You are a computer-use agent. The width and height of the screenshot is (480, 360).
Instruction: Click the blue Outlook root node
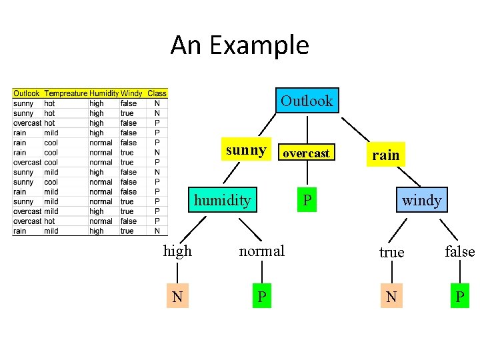[306, 101]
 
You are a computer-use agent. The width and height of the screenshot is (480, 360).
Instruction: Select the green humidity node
[222, 200]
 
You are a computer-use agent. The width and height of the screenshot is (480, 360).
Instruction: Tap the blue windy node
[421, 200]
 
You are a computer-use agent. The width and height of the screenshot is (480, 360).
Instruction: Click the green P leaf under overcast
[307, 200]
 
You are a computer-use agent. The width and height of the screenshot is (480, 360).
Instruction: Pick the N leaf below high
[177, 297]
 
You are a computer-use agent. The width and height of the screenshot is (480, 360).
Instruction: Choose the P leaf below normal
[263, 297]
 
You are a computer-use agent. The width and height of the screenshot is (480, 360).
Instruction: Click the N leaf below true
[391, 297]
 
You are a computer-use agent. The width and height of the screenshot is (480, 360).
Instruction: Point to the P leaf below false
[459, 297]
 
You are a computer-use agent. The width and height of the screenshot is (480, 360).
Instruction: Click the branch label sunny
[246, 150]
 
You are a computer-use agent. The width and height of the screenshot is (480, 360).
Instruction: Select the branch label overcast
[306, 153]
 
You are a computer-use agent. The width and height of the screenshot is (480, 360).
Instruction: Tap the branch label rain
[385, 155]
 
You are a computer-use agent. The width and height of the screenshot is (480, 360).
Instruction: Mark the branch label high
[177, 251]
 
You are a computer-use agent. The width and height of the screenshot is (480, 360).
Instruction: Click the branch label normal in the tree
[261, 251]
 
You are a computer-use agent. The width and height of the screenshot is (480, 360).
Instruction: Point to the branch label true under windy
[391, 252]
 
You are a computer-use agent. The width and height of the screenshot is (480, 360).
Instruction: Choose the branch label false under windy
[460, 251]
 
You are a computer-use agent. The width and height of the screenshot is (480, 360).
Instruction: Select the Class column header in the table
[157, 93]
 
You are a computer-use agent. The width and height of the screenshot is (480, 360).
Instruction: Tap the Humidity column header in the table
[103, 93]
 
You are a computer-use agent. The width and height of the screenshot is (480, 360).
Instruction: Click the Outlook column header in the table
[27, 93]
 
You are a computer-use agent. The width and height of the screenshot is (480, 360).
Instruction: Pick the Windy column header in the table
[131, 93]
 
